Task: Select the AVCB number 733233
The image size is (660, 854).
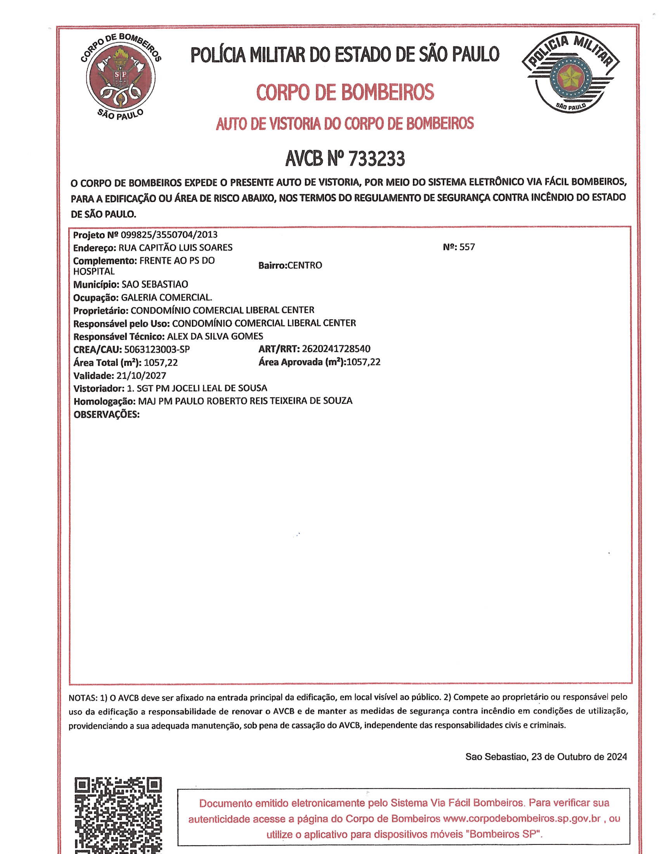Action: click(x=376, y=158)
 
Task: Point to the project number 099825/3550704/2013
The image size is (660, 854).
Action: click(x=169, y=235)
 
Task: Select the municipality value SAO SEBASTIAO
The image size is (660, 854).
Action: click(x=155, y=284)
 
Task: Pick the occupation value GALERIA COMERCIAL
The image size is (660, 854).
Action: click(x=167, y=297)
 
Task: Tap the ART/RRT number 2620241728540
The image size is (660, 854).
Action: click(x=336, y=349)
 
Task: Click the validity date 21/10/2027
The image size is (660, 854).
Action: click(x=141, y=376)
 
